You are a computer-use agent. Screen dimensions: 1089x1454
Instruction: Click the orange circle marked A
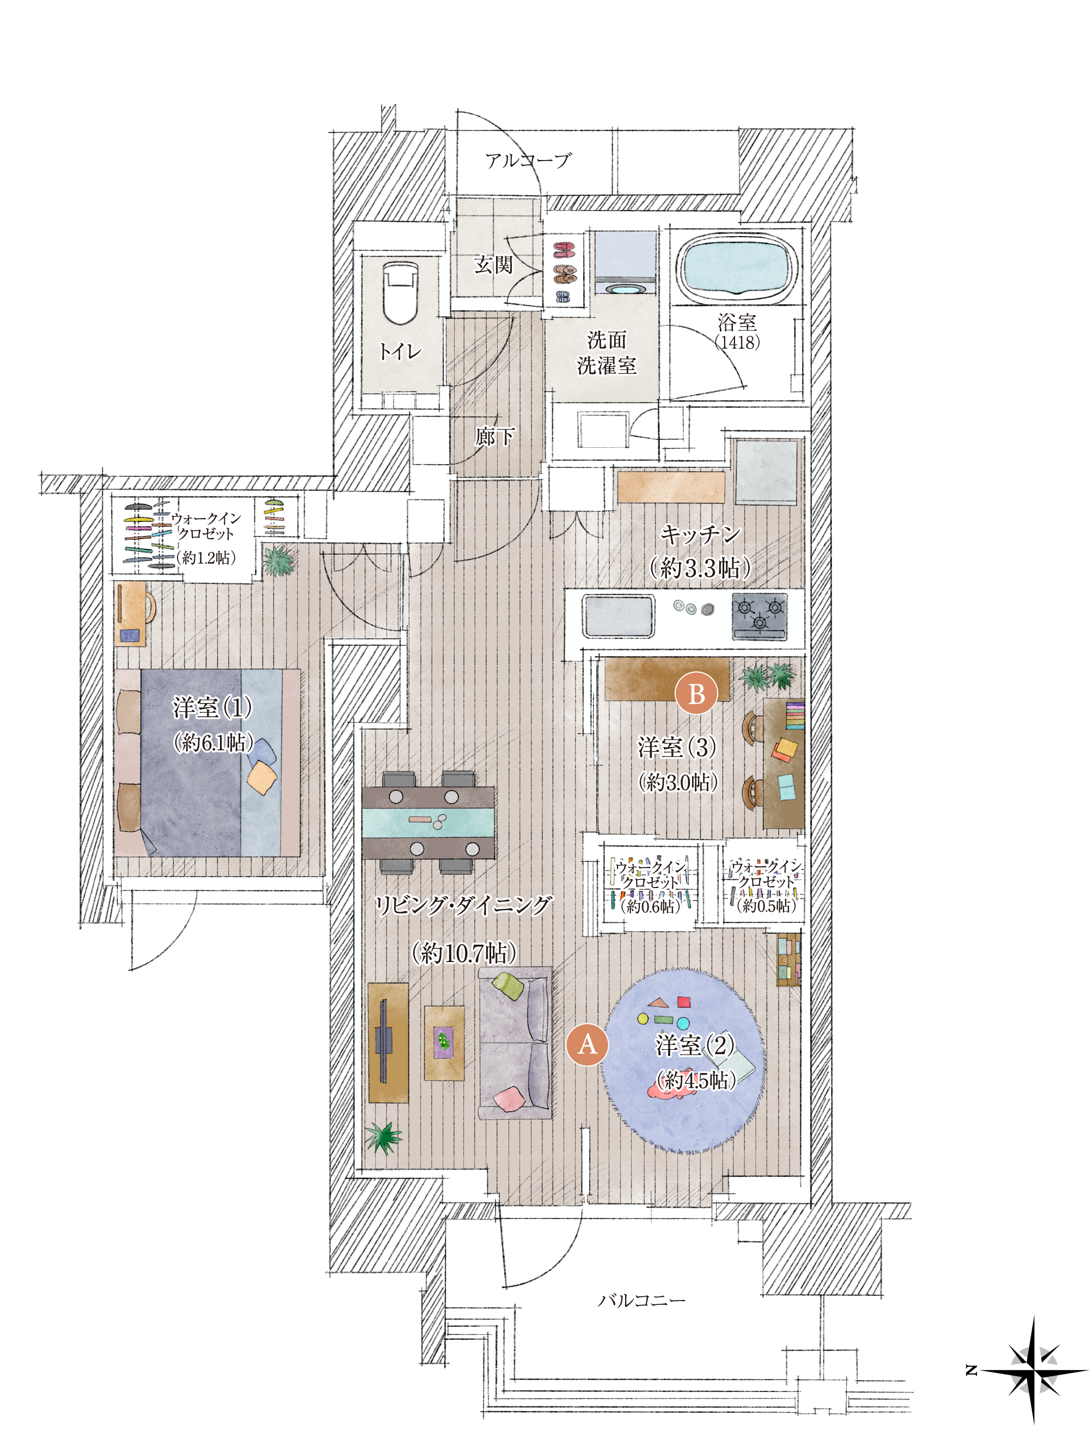[x=586, y=1044]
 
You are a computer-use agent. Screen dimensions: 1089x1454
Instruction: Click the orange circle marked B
[x=696, y=693]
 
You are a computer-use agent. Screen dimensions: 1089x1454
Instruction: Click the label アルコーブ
[x=528, y=160]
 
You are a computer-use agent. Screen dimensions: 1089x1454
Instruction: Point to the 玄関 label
[x=493, y=264]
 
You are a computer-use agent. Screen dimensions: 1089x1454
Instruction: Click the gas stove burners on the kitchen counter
[x=760, y=617]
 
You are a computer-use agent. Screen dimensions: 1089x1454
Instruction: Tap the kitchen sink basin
[x=617, y=616]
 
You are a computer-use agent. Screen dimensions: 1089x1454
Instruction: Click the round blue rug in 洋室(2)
[x=684, y=1060]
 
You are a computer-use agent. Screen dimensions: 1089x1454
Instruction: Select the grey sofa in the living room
[x=514, y=1043]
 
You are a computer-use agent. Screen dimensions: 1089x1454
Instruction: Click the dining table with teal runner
[x=427, y=822]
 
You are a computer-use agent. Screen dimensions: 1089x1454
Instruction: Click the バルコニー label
[x=641, y=1300]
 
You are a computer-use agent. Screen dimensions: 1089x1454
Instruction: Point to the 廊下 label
[x=494, y=436]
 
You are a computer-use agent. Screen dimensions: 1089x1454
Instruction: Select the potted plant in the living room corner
[x=383, y=1138]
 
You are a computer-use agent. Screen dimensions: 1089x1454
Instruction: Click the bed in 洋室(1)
[x=207, y=762]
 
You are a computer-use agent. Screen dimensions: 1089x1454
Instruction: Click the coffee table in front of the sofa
[x=443, y=1043]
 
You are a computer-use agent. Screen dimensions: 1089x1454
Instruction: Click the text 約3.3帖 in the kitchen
[x=700, y=567]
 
